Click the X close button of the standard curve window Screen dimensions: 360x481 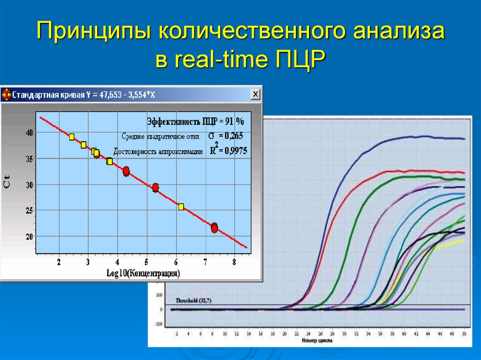tap(255, 94)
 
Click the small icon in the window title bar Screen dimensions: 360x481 tap(6, 95)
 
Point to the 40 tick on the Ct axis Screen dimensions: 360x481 tap(29, 133)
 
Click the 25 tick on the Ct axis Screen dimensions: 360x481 tap(29, 211)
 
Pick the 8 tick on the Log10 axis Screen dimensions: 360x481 tap(234, 262)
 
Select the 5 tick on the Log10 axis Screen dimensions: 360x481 tap(146, 262)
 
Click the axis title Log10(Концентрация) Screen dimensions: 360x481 tap(146, 273)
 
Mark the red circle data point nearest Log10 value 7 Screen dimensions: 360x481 tap(214, 228)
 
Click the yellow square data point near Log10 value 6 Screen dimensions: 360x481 tap(181, 207)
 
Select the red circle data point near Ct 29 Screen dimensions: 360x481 tap(155, 188)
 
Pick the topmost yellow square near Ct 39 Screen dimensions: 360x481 tap(71, 137)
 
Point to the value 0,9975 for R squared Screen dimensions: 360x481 tap(235, 151)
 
